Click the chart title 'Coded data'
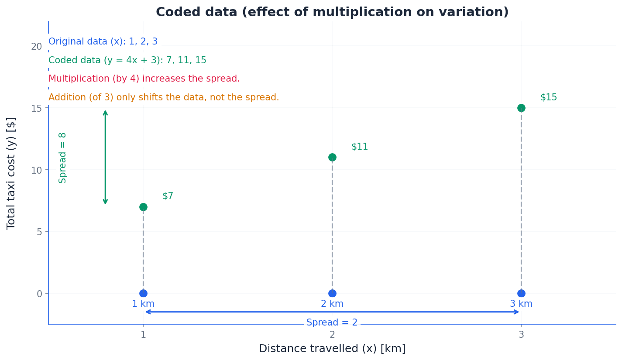pos(332,12)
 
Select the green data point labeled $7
pos(143,207)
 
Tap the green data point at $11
pos(332,157)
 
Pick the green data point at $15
pos(521,108)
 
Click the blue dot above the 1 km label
pos(143,293)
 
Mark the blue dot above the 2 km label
pos(332,293)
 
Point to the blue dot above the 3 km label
pos(521,293)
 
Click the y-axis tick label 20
pos(36,46)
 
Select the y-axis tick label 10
pos(36,170)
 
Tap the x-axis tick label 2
pos(332,335)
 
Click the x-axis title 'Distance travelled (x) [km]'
pos(332,349)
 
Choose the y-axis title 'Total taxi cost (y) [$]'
pos(11,173)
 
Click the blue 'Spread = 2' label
pos(332,323)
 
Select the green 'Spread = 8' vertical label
pos(63,158)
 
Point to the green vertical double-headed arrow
pos(105,157)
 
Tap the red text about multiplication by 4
pos(144,79)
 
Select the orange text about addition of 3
pos(164,98)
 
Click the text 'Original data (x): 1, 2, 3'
pos(103,42)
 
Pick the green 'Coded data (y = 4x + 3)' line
pos(127,61)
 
